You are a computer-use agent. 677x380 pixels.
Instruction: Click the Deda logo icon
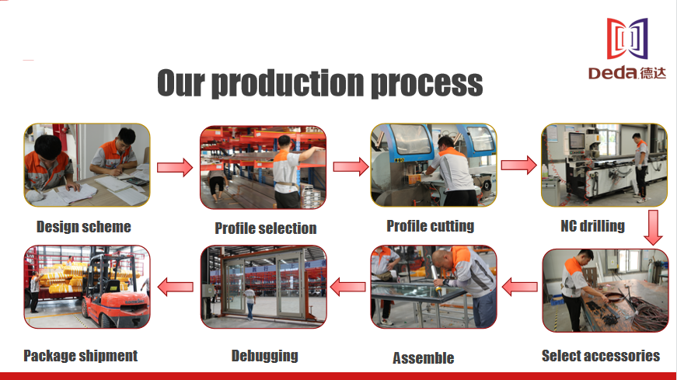pyautogui.click(x=627, y=38)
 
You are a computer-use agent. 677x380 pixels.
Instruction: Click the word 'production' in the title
pyautogui.click(x=288, y=83)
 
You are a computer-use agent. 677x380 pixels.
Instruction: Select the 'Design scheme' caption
pyautogui.click(x=84, y=227)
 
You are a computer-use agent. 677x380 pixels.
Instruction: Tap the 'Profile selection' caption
pyautogui.click(x=266, y=228)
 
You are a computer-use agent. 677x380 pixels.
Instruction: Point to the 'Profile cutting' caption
pyautogui.click(x=431, y=226)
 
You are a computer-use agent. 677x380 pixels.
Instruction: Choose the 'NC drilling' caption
pyautogui.click(x=593, y=226)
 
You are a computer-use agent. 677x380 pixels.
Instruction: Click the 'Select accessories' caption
pyautogui.click(x=601, y=356)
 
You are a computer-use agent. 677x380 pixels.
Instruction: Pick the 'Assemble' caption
pyautogui.click(x=423, y=358)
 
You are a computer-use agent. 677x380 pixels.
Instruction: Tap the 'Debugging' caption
pyautogui.click(x=265, y=356)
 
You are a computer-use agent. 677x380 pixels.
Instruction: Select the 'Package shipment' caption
pyautogui.click(x=80, y=356)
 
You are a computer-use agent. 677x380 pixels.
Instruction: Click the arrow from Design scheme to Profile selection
pyautogui.click(x=175, y=167)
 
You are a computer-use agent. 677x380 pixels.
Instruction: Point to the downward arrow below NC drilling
pyautogui.click(x=653, y=228)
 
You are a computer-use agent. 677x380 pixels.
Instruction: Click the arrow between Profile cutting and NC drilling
pyautogui.click(x=518, y=165)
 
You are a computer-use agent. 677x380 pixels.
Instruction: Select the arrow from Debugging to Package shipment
pyautogui.click(x=176, y=287)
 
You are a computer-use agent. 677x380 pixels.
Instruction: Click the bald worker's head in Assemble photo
pyautogui.click(x=441, y=261)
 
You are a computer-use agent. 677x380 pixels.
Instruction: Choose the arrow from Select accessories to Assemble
pyautogui.click(x=520, y=287)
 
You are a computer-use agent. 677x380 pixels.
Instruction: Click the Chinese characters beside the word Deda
pyautogui.click(x=652, y=73)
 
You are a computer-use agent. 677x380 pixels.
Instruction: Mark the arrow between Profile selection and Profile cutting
pyautogui.click(x=351, y=166)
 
